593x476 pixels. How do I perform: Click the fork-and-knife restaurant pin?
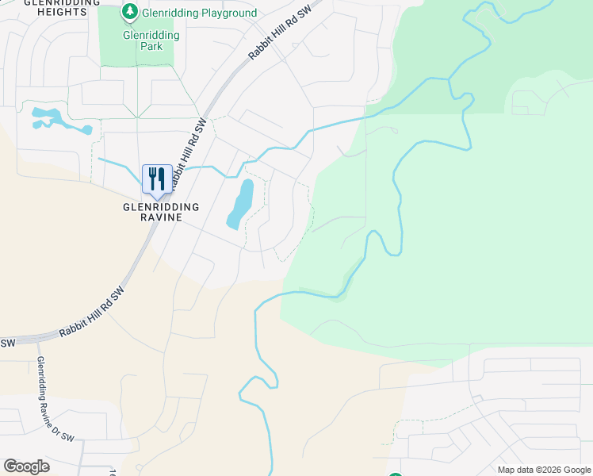click(x=157, y=179)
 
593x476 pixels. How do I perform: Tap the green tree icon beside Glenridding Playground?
click(x=129, y=12)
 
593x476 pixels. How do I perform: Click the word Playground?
click(x=228, y=13)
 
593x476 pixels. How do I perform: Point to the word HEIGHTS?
click(x=55, y=12)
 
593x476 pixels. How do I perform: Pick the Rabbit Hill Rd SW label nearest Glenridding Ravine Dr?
click(x=91, y=315)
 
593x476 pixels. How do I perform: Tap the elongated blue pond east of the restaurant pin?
click(x=240, y=204)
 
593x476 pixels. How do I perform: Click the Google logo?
click(x=26, y=466)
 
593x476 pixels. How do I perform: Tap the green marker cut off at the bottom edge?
click(x=396, y=474)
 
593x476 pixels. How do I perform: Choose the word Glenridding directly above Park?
click(x=151, y=35)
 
